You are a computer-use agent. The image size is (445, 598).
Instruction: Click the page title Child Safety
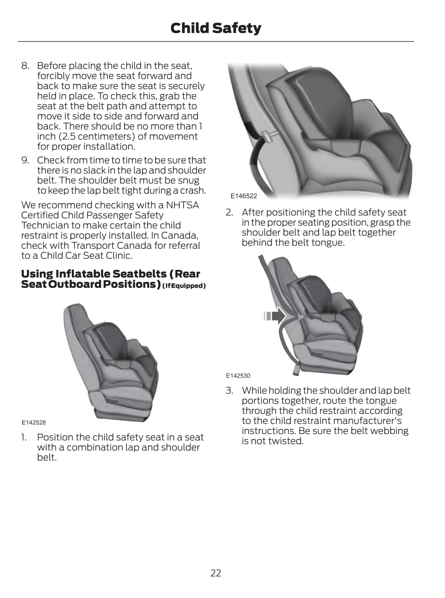click(216, 28)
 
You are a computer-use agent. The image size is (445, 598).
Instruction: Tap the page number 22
click(216, 573)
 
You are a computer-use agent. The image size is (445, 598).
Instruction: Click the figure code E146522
click(243, 196)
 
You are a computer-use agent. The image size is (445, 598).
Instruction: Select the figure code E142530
click(238, 376)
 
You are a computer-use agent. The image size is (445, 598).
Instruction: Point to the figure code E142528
click(34, 422)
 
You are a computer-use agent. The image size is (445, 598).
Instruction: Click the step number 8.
click(25, 66)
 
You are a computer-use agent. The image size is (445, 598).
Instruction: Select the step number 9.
click(25, 160)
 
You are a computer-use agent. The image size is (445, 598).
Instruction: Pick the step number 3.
click(229, 390)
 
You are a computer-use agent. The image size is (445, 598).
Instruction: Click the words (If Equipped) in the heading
click(184, 286)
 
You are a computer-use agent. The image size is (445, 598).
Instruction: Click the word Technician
click(45, 225)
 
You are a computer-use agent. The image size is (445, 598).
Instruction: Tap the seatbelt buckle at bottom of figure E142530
click(296, 369)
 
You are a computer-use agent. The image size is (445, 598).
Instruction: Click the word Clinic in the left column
click(118, 255)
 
